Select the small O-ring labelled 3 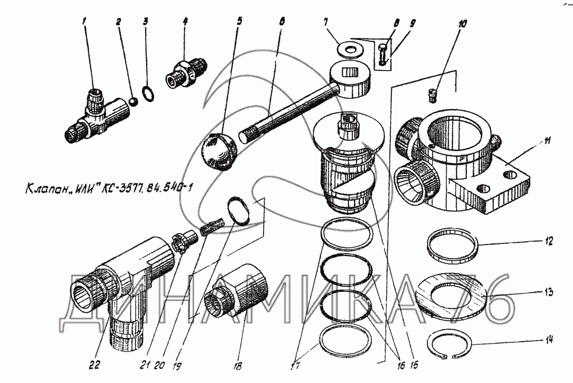(x=147, y=93)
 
